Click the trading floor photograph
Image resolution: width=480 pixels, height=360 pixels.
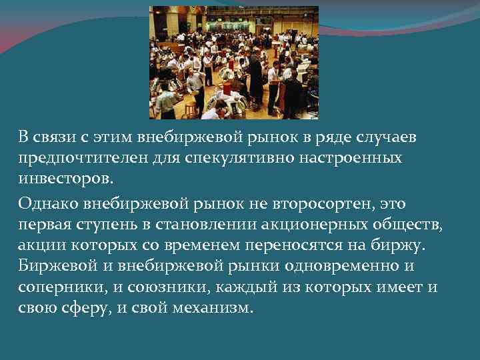(x=233, y=63)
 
